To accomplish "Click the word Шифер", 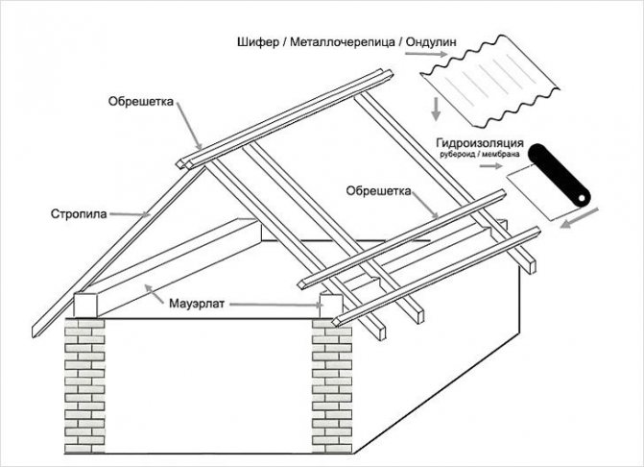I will tap(254, 44).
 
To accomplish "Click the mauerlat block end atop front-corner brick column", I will tap(330, 307).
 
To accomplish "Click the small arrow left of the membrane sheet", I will tap(492, 165).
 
